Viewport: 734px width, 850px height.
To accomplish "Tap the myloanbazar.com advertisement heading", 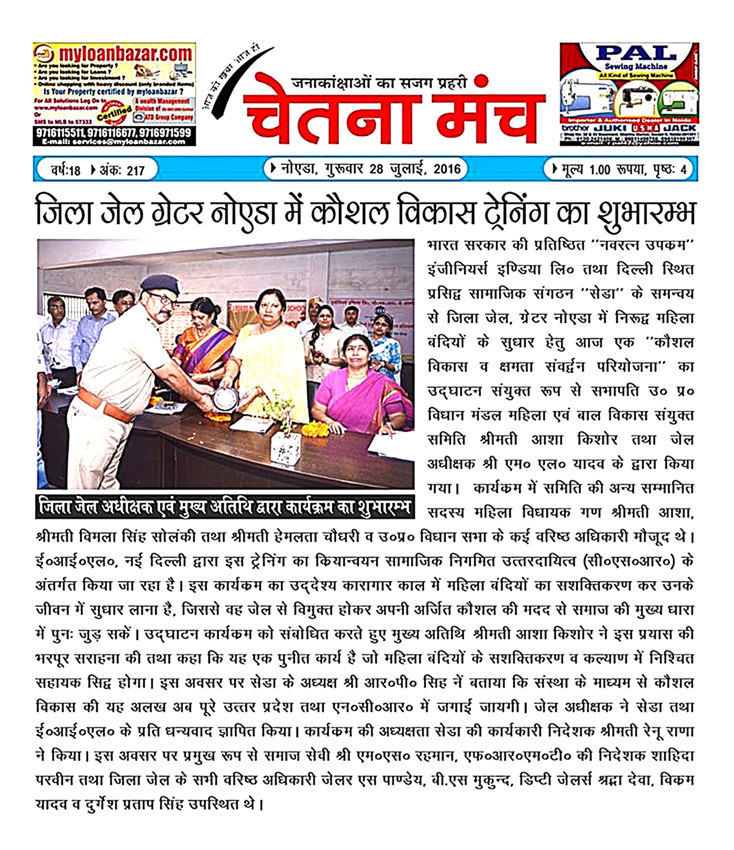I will pos(125,54).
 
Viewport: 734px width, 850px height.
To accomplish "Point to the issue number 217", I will pos(136,170).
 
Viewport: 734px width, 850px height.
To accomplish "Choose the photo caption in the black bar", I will pos(225,508).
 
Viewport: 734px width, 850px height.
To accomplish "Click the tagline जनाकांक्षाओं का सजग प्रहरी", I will pos(379,83).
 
